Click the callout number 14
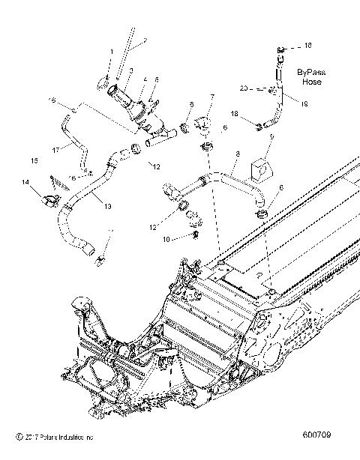[25, 181]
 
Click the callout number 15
[34, 160]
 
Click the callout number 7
[211, 97]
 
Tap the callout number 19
[304, 106]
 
